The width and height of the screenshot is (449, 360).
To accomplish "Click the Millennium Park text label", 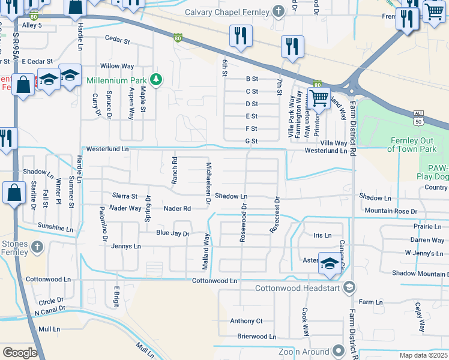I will [x=116, y=80].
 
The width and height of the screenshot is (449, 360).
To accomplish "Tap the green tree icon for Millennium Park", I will [x=155, y=80].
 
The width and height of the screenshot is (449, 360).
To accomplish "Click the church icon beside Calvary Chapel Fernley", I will [x=277, y=10].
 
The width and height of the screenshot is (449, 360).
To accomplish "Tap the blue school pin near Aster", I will [x=329, y=265].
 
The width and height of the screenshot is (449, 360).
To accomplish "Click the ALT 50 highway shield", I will [x=419, y=114].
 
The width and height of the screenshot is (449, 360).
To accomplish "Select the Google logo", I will [x=20, y=353].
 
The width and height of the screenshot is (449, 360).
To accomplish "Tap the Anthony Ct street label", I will [x=246, y=321].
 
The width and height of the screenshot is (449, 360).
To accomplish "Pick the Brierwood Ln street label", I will [x=256, y=337].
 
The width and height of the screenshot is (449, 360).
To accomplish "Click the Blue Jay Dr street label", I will [x=173, y=233].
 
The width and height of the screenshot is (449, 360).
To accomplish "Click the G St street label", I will [x=252, y=142].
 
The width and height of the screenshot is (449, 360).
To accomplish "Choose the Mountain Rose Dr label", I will [x=390, y=211].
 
